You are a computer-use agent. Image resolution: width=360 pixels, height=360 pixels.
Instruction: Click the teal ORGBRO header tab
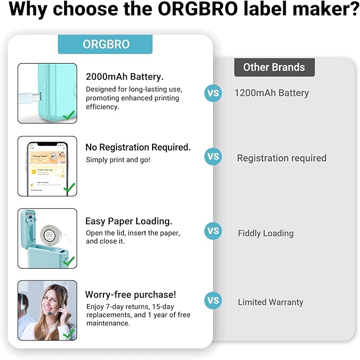tap(105, 44)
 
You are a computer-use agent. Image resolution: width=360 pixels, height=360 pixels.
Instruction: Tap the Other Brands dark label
tap(274, 67)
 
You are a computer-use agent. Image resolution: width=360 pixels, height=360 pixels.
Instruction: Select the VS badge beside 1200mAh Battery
tap(213, 93)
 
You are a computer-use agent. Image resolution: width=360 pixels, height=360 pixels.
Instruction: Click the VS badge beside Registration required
tap(213, 157)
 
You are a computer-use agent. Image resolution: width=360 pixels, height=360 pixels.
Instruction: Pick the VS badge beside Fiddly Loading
tap(213, 231)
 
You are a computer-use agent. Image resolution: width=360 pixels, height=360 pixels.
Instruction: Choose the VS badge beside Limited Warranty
tap(213, 301)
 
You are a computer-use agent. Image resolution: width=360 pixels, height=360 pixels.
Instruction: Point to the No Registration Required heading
tap(138, 147)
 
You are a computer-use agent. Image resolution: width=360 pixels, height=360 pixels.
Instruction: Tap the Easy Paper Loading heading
tap(129, 221)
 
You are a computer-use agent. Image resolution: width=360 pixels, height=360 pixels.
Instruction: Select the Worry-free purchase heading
tap(130, 294)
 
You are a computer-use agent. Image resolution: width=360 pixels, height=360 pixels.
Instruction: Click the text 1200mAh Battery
tap(271, 93)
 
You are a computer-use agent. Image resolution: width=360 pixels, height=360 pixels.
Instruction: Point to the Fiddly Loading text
tap(266, 233)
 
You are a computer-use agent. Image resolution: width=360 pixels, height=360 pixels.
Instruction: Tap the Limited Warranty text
tap(270, 302)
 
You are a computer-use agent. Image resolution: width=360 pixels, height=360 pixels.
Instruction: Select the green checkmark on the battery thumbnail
tap(68, 115)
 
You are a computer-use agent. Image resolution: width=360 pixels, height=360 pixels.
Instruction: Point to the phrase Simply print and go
tap(118, 160)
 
